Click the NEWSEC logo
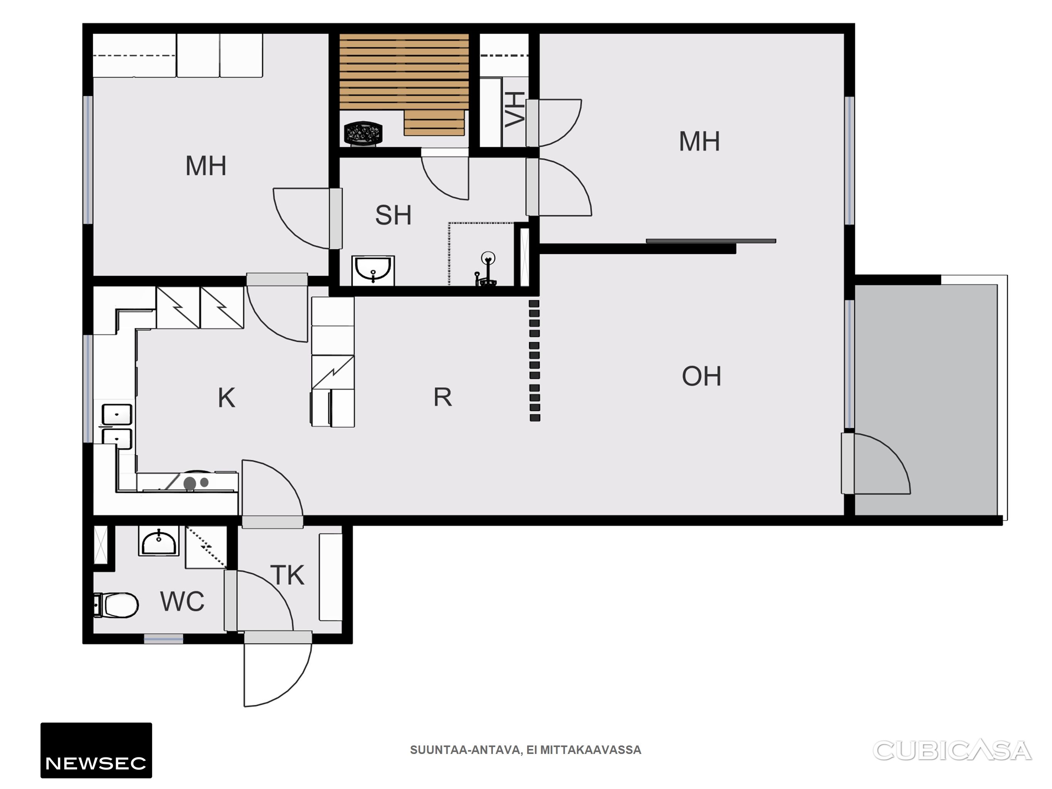[x=96, y=750]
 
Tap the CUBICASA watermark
[x=952, y=750]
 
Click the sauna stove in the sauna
[x=363, y=132]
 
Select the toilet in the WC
[x=116, y=605]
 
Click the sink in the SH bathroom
[x=373, y=270]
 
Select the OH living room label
[x=701, y=376]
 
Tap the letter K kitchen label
[x=226, y=398]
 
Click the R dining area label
[x=442, y=397]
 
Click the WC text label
[x=182, y=602]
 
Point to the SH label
[x=393, y=215]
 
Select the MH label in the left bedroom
[x=205, y=166]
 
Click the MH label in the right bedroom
[x=699, y=141]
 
